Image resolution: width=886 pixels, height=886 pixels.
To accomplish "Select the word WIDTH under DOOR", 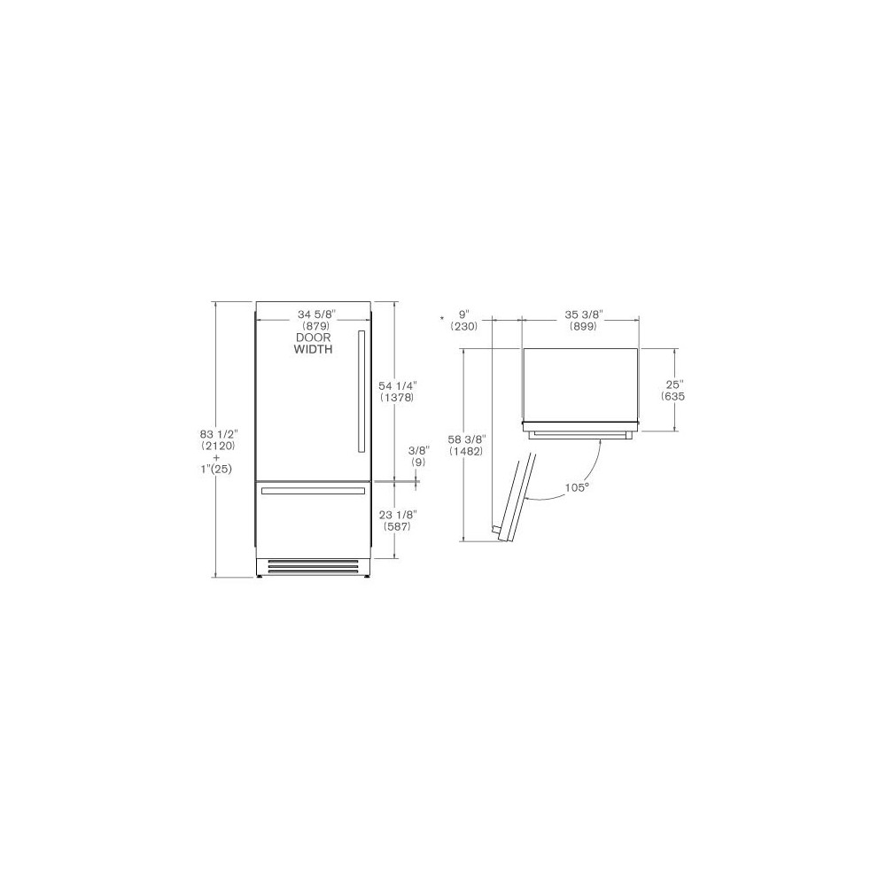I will (313, 350).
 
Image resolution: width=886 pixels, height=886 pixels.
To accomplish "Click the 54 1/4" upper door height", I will (396, 385).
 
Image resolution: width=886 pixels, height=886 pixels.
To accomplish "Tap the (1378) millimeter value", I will (396, 398).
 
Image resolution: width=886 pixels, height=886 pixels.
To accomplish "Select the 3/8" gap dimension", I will (418, 450).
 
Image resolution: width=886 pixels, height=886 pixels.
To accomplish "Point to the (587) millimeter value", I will (396, 527).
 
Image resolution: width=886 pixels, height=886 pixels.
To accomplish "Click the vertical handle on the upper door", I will (360, 391).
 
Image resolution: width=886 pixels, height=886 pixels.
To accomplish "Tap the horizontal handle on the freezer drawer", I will (313, 489).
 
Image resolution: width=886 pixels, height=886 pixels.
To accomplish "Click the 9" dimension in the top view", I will (464, 315).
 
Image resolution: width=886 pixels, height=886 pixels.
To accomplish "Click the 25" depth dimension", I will (676, 385).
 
